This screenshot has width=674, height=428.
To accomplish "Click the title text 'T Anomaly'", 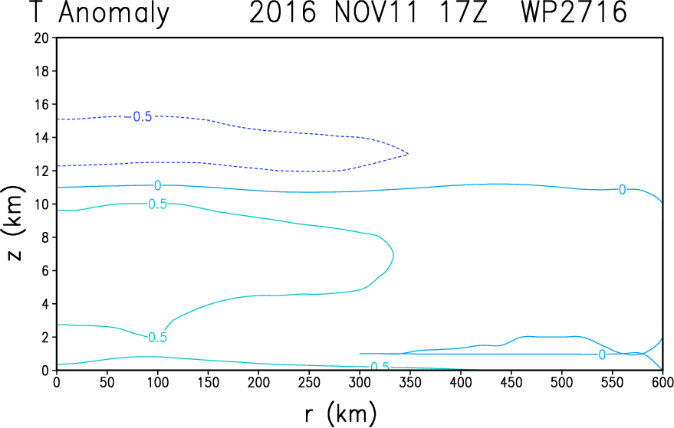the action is tap(100, 13).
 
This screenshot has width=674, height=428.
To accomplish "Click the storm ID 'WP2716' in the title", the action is tap(574, 12).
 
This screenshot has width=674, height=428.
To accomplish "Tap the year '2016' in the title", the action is tap(282, 12).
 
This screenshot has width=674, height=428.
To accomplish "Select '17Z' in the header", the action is tap(463, 12).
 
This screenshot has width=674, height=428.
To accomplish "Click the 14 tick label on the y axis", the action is tap(42, 137).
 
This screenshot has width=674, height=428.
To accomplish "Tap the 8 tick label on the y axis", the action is tap(46, 237).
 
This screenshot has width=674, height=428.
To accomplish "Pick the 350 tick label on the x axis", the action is tap(410, 382).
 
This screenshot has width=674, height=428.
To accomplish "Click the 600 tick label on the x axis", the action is tap(662, 382).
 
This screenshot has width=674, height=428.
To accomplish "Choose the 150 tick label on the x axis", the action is tap(208, 382).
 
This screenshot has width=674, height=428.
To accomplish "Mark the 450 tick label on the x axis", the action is tap(511, 382).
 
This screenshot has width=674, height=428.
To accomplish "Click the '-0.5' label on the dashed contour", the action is tap(139, 117).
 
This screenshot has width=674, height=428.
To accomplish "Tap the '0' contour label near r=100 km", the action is tap(158, 185).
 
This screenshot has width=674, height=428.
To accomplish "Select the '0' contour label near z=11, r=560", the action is tap(622, 189).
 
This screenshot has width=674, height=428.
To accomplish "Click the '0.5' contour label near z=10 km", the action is tap(158, 204).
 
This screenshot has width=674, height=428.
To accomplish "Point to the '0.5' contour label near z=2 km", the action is tap(158, 338).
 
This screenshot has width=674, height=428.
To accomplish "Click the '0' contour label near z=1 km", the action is tap(602, 354).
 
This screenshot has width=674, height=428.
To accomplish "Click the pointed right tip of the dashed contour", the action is tap(408, 153).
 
